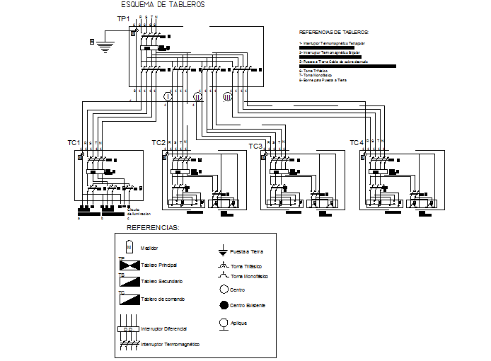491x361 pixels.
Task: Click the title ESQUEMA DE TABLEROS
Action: [x=163, y=5]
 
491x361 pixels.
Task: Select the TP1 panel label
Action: [x=123, y=19]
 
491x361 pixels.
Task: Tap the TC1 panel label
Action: [x=74, y=143]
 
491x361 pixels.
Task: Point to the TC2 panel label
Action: [x=158, y=143]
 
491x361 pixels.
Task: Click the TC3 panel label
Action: [x=255, y=147]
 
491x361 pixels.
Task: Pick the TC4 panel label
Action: [x=357, y=143]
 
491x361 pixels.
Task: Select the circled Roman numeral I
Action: [x=168, y=96]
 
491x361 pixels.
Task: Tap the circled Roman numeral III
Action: [x=227, y=98]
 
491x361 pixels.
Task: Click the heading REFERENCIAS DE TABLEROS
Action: [x=334, y=33]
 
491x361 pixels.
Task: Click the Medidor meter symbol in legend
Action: [x=129, y=247]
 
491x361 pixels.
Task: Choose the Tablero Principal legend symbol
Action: [x=128, y=265]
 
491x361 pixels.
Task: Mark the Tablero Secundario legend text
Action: [x=166, y=281]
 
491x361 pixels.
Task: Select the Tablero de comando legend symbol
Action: [x=128, y=298]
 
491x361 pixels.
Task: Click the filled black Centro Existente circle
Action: [x=224, y=305]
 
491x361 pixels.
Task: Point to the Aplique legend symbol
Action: [x=224, y=323]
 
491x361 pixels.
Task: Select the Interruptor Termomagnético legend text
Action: [x=170, y=344]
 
